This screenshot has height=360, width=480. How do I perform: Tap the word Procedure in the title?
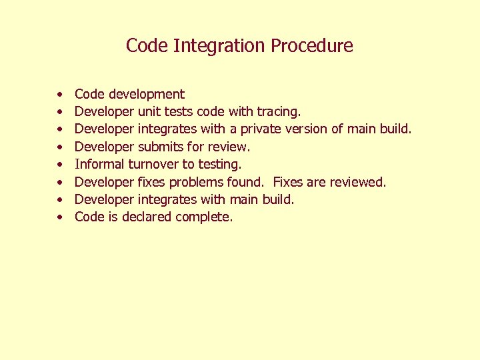point(311,46)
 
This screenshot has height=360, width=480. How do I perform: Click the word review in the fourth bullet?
point(231,147)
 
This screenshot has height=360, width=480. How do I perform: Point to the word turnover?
point(154,164)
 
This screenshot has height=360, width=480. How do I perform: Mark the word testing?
point(220,164)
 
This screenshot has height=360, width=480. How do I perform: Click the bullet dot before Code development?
point(59,95)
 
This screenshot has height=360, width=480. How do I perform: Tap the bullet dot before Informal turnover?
point(59,165)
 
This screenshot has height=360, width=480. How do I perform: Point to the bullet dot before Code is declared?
point(59,217)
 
